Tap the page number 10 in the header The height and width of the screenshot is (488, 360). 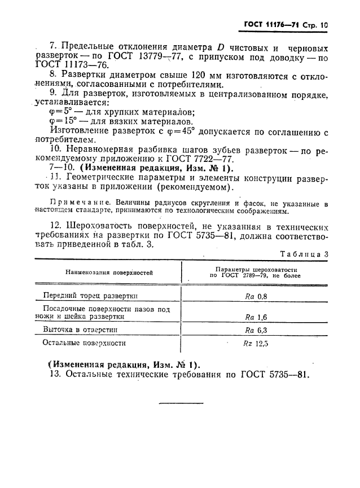[x=323, y=25]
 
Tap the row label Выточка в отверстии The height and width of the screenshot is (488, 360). [x=80, y=331]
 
